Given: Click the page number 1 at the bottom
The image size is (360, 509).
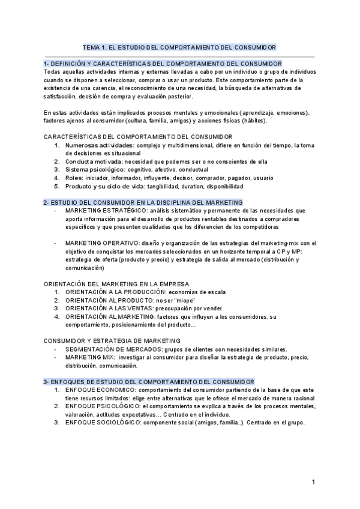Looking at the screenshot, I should click(x=313, y=482).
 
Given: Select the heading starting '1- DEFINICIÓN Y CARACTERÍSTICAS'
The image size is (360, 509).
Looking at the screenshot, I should click(x=163, y=63).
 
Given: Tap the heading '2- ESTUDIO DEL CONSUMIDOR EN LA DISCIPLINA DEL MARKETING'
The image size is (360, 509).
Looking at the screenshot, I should click(x=143, y=203).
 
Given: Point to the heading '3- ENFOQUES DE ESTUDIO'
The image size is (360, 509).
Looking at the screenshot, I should click(x=149, y=382).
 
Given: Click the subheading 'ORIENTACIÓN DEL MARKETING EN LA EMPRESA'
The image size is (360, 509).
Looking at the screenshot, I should click(x=116, y=283).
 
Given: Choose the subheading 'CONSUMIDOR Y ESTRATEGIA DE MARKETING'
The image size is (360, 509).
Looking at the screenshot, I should click(x=112, y=340).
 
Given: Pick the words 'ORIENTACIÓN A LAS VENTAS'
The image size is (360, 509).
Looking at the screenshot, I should click(x=106, y=308).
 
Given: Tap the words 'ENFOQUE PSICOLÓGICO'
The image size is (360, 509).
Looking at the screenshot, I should click(x=103, y=406).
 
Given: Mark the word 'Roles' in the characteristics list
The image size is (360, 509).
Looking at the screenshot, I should click(x=74, y=178).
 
